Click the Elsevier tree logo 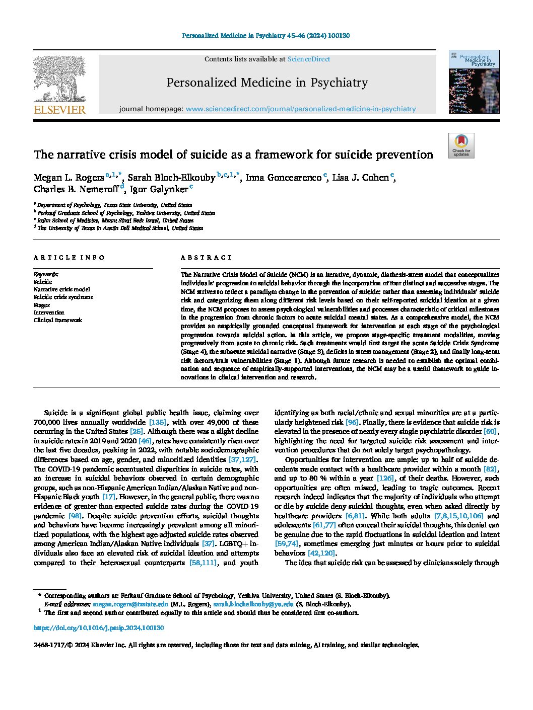pyautogui.click(x=59, y=79)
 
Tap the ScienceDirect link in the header pyautogui.click(x=308, y=59)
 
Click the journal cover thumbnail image pyautogui.click(x=474, y=82)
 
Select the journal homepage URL pyautogui.click(x=301, y=109)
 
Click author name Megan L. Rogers pyautogui.click(x=69, y=178)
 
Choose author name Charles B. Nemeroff pyautogui.click(x=76, y=190)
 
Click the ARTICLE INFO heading pyautogui.click(x=69, y=258)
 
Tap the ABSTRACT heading pyautogui.click(x=207, y=258)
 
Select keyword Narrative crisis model pyautogui.click(x=61, y=289)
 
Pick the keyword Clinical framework pyautogui.click(x=57, y=320)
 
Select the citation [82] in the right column pyautogui.click(x=490, y=469)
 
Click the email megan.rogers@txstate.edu pyautogui.click(x=130, y=604)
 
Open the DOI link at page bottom pyautogui.click(x=99, y=628)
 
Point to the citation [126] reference pyautogui.click(x=385, y=478)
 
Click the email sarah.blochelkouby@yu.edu pyautogui.click(x=253, y=604)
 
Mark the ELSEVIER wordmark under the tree pyautogui.click(x=59, y=110)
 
